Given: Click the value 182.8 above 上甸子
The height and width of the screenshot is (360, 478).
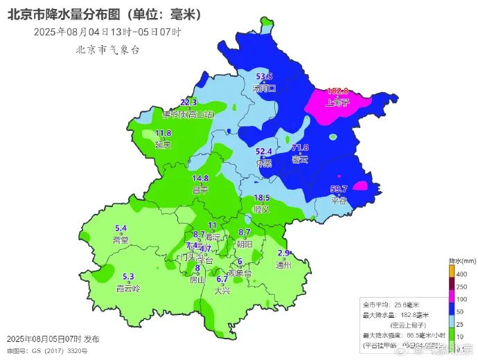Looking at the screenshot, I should (337, 91).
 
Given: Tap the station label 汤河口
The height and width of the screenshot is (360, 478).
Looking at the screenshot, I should (265, 88).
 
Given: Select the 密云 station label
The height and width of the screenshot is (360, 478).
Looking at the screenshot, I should (300, 159).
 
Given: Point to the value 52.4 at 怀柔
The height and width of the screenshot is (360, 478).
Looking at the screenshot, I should (264, 151).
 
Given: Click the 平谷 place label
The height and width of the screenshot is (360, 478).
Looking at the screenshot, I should (338, 200).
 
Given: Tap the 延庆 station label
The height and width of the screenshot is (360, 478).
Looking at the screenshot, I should (163, 145).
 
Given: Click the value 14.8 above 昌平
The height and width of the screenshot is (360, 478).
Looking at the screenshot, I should (200, 179).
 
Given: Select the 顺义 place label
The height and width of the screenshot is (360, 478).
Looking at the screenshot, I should (261, 208).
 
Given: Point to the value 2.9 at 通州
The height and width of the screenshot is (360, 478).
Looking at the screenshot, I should (283, 253).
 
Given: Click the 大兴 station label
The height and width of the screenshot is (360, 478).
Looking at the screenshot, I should (222, 291).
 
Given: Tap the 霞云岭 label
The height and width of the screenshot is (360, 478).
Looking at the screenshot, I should (127, 288).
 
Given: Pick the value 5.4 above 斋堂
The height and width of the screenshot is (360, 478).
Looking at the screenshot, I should (121, 228).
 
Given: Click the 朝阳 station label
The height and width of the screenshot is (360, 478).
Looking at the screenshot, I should (245, 244).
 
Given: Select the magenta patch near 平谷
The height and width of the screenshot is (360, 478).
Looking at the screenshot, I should (360, 186).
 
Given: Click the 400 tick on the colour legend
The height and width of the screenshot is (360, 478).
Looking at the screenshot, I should (463, 275).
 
